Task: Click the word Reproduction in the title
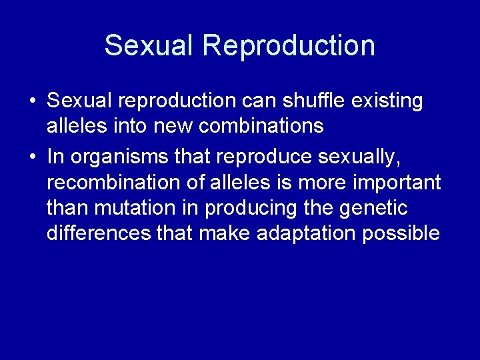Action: pos(289,45)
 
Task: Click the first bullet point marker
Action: pos(32,101)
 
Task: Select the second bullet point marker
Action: pos(32,157)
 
